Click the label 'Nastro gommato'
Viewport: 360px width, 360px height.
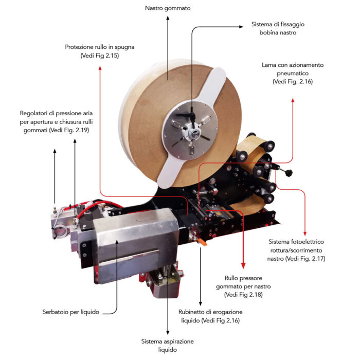[x=168, y=8]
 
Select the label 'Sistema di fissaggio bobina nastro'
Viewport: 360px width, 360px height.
[x=278, y=28]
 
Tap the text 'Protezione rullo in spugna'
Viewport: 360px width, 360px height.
[x=100, y=47]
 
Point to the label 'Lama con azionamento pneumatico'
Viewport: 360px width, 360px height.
[x=293, y=69]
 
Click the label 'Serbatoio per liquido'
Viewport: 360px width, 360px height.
[x=71, y=312]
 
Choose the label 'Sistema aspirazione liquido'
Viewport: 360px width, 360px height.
[x=167, y=346]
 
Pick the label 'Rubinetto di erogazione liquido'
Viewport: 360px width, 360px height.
[x=210, y=316]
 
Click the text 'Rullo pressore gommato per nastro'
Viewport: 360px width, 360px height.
[x=243, y=282]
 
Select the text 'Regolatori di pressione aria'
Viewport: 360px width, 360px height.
[x=56, y=113]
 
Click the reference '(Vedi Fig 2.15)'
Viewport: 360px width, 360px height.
[x=100, y=56]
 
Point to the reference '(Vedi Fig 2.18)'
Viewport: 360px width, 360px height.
[x=243, y=295]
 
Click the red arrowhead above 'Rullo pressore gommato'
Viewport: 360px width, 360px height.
[x=243, y=266]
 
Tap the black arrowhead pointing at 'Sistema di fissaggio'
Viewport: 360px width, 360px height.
[x=241, y=27]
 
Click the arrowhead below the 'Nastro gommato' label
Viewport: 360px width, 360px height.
[x=168, y=18]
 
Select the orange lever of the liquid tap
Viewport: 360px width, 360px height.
[x=202, y=242]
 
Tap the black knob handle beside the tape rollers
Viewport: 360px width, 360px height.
[x=289, y=172]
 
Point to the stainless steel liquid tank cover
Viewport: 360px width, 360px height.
[x=135, y=243]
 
